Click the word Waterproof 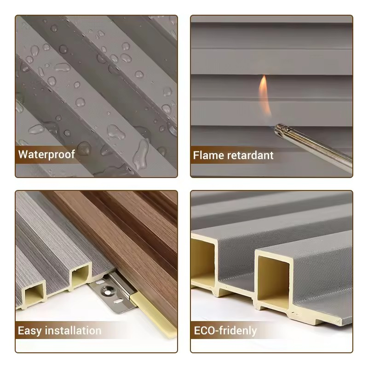(46, 154)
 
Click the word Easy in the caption (29, 330)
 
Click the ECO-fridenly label (225, 330)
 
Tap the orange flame (264, 94)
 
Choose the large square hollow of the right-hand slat (273, 276)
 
